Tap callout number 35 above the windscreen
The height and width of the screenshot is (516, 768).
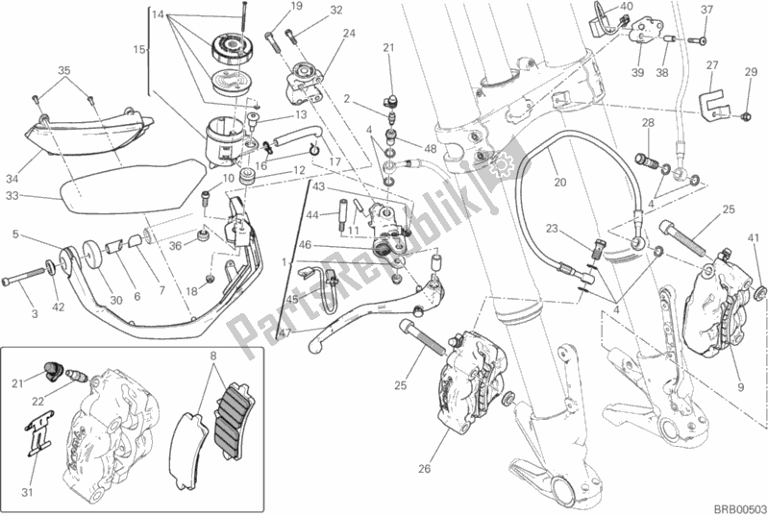63,70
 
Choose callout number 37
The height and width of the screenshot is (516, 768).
706,10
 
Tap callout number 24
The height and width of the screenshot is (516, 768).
348,33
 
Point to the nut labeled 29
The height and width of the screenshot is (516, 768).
746,116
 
